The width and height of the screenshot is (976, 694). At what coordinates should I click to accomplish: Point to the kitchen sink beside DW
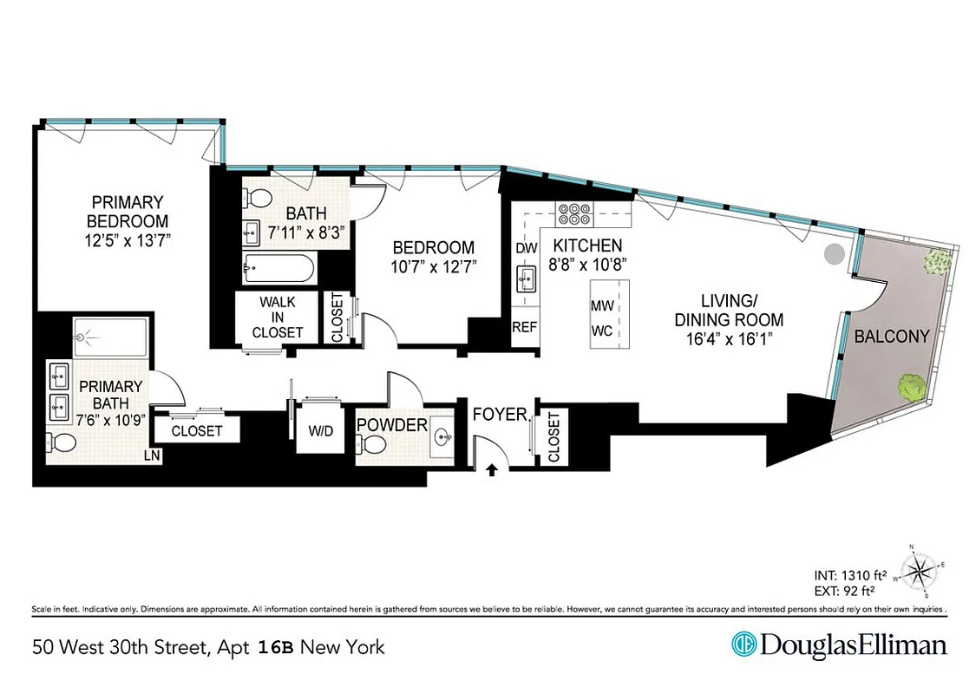tap(526, 279)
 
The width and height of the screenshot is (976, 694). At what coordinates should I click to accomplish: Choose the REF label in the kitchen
tap(524, 328)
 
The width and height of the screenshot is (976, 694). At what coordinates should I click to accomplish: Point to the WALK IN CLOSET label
tap(278, 318)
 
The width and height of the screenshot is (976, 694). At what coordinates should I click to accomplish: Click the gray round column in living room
tap(833, 254)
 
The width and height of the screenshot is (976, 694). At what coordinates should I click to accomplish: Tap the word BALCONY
tap(891, 337)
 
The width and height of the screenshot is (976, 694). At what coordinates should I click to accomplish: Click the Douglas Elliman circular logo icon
tap(743, 645)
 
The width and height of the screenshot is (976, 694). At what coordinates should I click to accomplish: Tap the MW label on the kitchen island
tap(602, 306)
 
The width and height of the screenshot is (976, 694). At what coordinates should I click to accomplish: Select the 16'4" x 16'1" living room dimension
tap(728, 339)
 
